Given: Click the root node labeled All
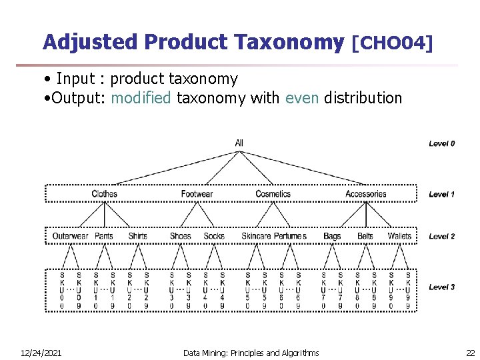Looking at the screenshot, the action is pos(239,143).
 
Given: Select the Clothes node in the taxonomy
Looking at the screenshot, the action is pos(104,194).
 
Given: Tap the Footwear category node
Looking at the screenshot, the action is pos(197,194).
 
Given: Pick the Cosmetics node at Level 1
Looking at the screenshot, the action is pos(273,194).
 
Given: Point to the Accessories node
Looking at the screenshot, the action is pos(365,194).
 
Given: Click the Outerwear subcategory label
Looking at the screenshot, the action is pos(70,236).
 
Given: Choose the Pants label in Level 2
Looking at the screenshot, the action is pos(104,236).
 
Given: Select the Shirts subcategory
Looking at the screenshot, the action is pos(137,236).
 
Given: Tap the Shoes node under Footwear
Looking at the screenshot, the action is pos(180,236).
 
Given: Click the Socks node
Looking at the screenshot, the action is pos(214,236).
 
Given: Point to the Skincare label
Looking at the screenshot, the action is pos(256,236).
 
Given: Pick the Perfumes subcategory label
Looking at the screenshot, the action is pos(290,236).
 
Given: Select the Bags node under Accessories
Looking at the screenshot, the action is pos(332,236).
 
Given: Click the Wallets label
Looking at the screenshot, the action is pos(399,236).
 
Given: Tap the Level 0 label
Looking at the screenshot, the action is pos(442,143).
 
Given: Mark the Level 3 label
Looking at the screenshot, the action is pos(442,287).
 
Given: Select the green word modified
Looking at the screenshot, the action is pos(141,99).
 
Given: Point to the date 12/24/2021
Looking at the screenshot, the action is pos(41,353).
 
